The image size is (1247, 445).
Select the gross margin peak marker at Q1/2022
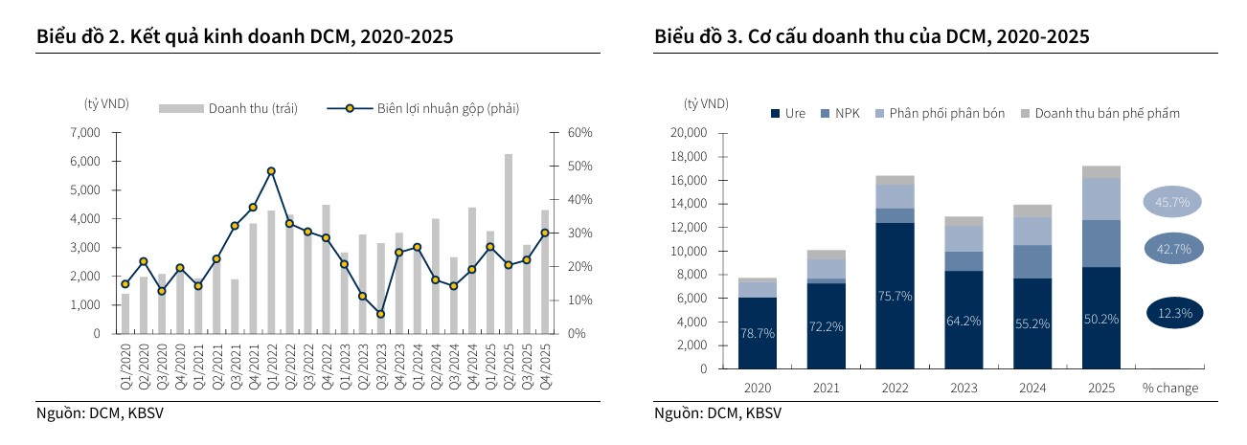point(271,171)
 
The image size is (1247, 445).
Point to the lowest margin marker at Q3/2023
point(380,314)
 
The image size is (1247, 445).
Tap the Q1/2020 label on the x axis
point(125,365)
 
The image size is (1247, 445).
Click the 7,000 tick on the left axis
point(86,133)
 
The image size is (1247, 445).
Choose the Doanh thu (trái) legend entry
point(229,108)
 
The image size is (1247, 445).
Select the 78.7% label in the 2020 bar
point(757,334)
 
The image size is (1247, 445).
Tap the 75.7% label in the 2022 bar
point(895,296)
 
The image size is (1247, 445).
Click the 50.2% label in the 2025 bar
point(1101,319)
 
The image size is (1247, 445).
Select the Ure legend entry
point(788,113)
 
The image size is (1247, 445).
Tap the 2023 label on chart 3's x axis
point(964,388)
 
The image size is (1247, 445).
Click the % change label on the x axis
point(1169,388)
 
